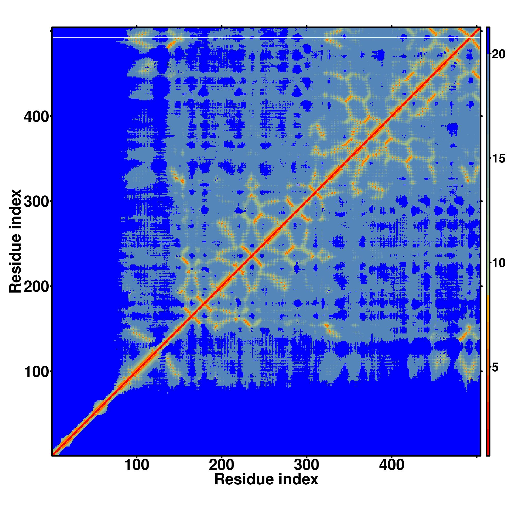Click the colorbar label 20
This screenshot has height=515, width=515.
point(498,54)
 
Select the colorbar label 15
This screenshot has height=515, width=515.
point(498,159)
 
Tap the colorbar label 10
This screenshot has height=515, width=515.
point(498,263)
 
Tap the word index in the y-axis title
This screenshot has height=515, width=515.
point(15,205)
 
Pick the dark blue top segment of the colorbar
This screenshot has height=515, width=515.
point(488,40)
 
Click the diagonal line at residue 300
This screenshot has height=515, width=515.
point(306,201)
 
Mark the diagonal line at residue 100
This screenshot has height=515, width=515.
point(136,371)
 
